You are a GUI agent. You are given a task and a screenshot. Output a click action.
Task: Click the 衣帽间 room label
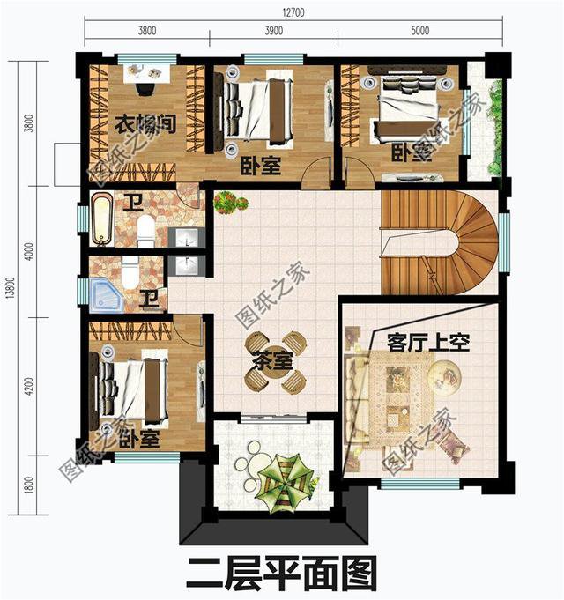point(145,125)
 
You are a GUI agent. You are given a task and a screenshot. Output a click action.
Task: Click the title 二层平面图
point(281,573)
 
